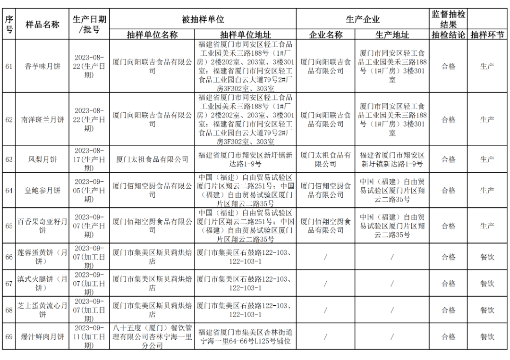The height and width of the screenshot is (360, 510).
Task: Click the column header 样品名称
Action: coord(42,25)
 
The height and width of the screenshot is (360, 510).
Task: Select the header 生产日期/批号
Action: coord(89,25)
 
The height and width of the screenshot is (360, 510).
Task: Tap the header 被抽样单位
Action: coord(203,19)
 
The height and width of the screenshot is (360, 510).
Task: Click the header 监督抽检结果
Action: coord(448,19)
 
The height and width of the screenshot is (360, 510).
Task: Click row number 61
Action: coord(9,67)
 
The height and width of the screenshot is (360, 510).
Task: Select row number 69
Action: coord(9,336)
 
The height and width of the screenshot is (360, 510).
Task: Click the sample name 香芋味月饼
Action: coord(42,67)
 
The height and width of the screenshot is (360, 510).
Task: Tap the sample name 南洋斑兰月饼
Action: coord(42,119)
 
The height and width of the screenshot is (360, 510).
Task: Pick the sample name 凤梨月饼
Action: coord(42,159)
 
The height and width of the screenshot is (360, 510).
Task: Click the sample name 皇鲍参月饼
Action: coord(42,191)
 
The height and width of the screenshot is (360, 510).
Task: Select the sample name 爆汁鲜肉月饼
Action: coord(42,336)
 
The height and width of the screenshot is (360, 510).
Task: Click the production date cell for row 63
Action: coord(89,159)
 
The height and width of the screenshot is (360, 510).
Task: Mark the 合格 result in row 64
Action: coord(448,191)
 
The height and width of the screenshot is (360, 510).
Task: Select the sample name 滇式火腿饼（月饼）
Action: coord(42,284)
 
